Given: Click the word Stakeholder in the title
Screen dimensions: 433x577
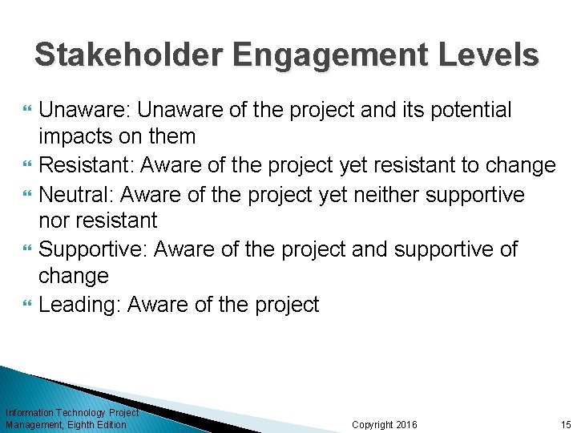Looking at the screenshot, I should (129, 55).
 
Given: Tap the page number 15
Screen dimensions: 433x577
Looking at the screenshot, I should (566, 424).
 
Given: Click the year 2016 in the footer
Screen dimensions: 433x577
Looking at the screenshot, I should (407, 424).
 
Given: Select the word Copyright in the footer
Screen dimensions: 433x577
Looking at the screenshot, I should (373, 424).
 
